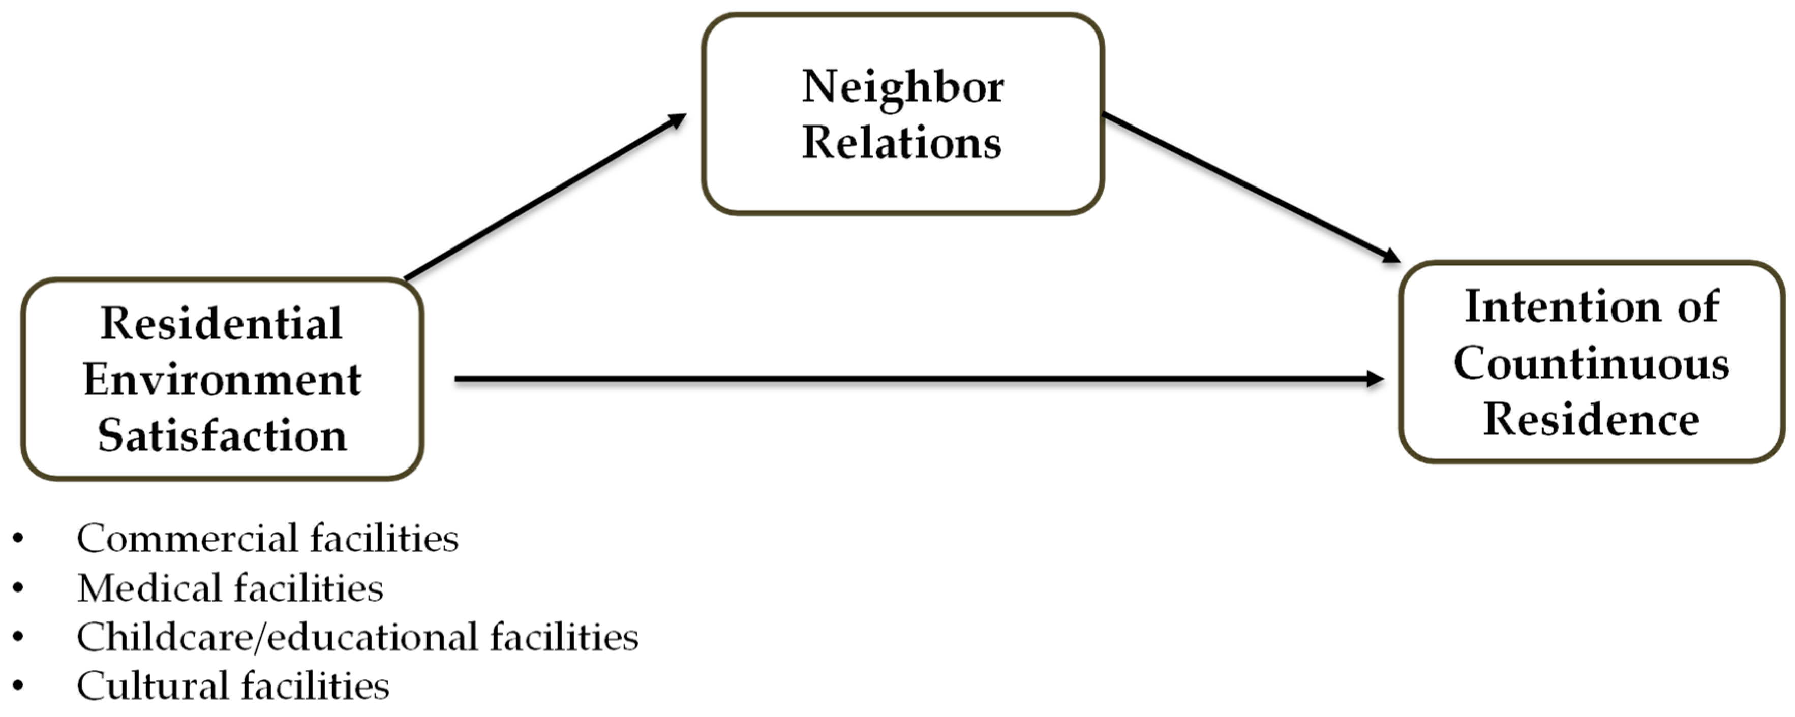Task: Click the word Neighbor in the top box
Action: (x=902, y=88)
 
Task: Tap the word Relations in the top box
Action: (x=902, y=143)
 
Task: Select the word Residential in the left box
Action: (x=222, y=324)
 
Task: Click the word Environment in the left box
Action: (x=222, y=381)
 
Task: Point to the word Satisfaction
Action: (x=222, y=436)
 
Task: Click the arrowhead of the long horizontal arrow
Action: (x=1376, y=379)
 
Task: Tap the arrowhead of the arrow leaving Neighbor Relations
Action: (x=1391, y=257)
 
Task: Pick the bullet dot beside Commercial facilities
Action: (x=18, y=539)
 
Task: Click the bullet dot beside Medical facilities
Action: (x=18, y=588)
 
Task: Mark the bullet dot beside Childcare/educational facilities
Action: (x=18, y=637)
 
